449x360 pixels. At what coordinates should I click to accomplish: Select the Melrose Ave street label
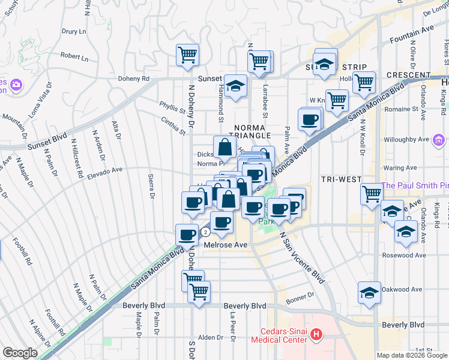click(225, 245)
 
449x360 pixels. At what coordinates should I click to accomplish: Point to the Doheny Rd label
click(133, 79)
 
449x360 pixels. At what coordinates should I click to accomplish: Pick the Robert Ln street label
click(74, 58)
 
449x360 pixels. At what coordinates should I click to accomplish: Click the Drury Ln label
click(73, 31)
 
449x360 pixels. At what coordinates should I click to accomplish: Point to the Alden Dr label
click(211, 338)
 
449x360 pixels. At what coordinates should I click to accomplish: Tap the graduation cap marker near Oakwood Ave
click(369, 292)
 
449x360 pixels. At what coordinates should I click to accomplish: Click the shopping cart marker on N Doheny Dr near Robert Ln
click(187, 55)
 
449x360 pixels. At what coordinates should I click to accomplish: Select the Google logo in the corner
click(19, 353)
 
